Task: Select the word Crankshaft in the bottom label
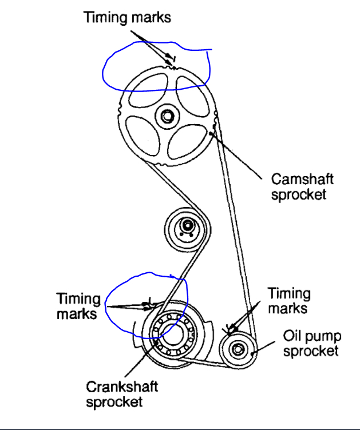[122, 387]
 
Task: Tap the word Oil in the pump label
[292, 335]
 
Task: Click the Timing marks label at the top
[127, 17]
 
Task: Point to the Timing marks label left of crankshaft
[78, 306]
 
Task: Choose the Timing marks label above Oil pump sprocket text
[289, 301]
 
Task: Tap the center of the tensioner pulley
[185, 226]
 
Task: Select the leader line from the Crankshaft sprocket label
[140, 359]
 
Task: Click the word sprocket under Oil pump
[311, 351]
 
